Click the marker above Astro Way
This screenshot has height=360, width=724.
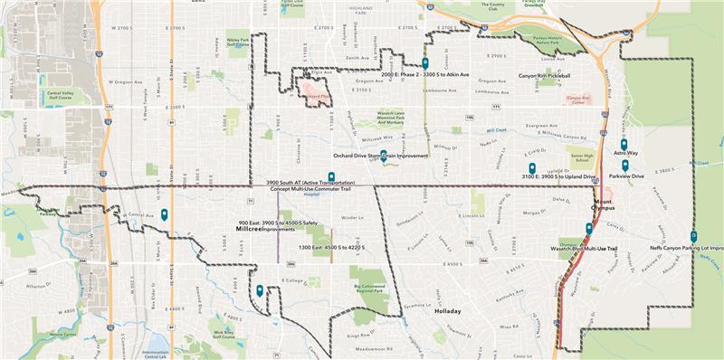pyautogui.click(x=624, y=144)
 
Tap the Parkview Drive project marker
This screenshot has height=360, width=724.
pyautogui.click(x=625, y=165)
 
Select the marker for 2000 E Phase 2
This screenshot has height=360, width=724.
pyautogui.click(x=424, y=63)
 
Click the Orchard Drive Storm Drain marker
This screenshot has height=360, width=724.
pyautogui.click(x=384, y=155)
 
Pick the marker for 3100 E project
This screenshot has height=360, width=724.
pyautogui.click(x=532, y=167)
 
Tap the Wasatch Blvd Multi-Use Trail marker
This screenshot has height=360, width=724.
pyautogui.click(x=589, y=228)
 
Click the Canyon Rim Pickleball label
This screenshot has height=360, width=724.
pyautogui.click(x=545, y=75)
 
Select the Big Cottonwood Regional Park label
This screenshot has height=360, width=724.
pyautogui.click(x=369, y=289)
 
